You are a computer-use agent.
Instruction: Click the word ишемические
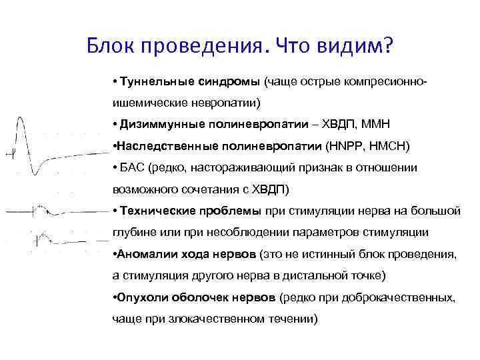tap(147, 103)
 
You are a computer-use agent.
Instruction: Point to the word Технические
tap(154, 211)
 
